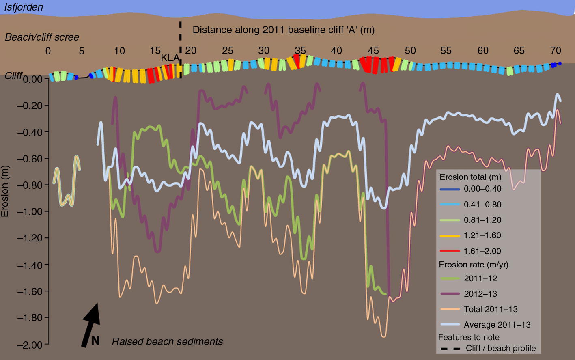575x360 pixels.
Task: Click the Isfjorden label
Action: tap(24, 7)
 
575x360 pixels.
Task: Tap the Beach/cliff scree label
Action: tap(42, 37)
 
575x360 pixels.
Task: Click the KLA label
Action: tap(170, 58)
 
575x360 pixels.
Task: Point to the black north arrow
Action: tap(92, 325)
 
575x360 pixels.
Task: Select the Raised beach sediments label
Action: tap(167, 342)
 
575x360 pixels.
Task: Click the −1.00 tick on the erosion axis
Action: tap(30, 211)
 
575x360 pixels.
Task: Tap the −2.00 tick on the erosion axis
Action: tap(30, 345)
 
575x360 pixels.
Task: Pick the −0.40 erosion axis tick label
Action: tap(30, 132)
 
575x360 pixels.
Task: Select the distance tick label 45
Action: tap(373, 51)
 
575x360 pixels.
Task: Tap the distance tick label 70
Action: tap(556, 51)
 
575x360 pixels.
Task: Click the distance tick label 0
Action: tap(48, 51)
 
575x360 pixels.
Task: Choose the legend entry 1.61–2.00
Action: tap(482, 251)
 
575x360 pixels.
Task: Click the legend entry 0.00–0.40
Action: tap(482, 189)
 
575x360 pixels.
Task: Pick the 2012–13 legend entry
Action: tap(480, 294)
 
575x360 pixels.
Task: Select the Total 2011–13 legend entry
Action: tap(491, 309)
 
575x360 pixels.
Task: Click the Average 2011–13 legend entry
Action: tap(497, 325)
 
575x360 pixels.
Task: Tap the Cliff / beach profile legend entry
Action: tap(501, 349)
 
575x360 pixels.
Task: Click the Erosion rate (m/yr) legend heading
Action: tap(474, 265)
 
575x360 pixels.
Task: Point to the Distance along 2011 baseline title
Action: tap(283, 30)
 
